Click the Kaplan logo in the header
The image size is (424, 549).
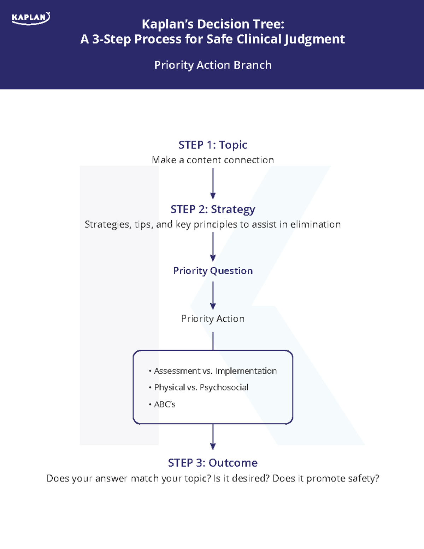click(31, 18)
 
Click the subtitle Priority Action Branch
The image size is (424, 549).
click(213, 65)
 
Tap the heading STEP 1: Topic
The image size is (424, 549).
click(213, 145)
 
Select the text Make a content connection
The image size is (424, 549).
click(213, 160)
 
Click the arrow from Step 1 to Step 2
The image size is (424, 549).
click(213, 184)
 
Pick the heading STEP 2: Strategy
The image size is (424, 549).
click(213, 210)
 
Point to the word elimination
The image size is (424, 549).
click(316, 224)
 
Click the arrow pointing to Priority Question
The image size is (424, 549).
click(213, 247)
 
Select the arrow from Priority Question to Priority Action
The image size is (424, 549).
click(213, 296)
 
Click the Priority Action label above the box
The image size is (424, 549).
click(213, 319)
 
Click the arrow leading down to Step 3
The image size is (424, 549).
click(213, 437)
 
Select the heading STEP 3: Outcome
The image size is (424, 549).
click(213, 463)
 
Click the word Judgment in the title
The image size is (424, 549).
click(314, 40)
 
